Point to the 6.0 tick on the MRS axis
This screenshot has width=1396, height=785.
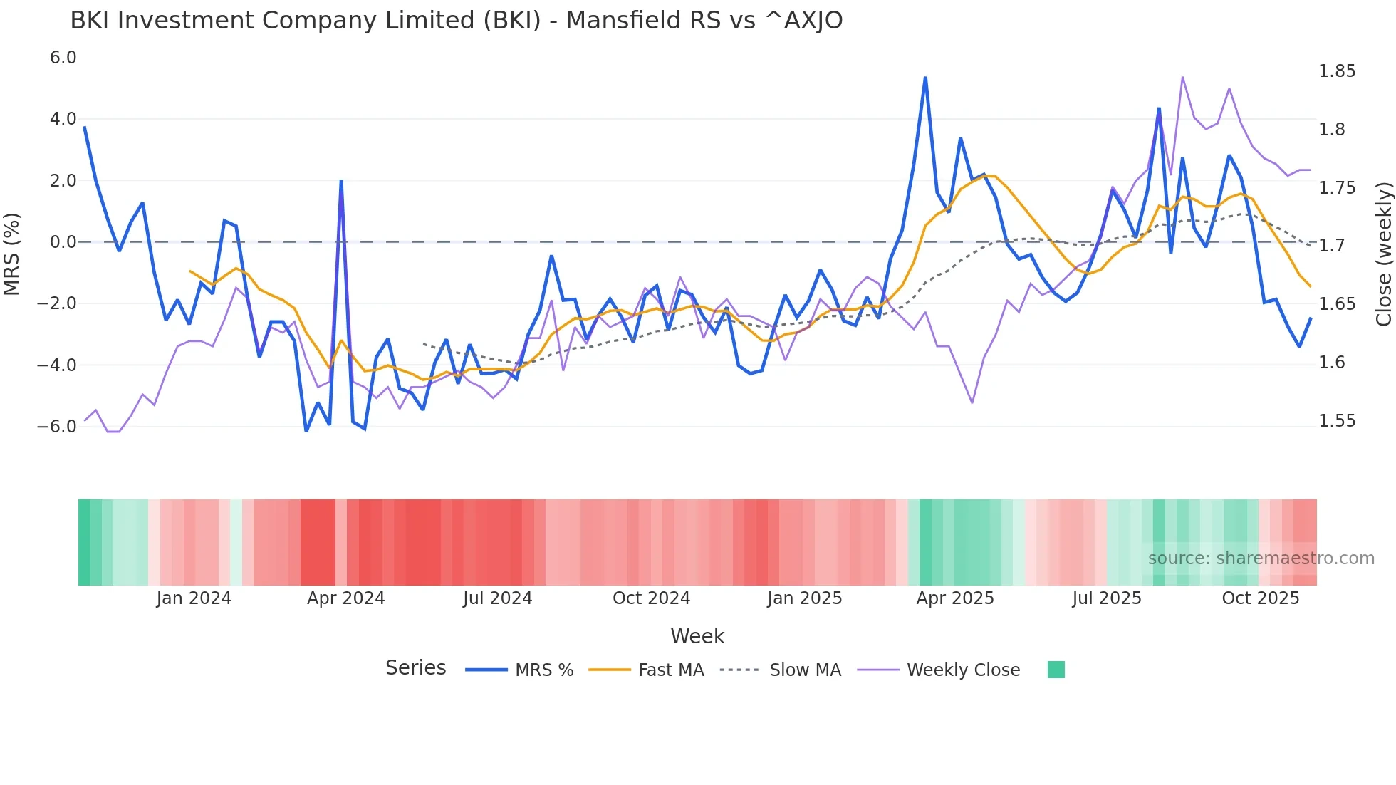coord(63,58)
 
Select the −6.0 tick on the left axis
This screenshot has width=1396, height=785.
coord(56,427)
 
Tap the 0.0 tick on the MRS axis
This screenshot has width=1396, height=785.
coord(63,242)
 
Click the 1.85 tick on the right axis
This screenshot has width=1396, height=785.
coord(1337,71)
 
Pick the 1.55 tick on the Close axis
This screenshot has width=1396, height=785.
coord(1337,421)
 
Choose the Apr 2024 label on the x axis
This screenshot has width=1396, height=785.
coord(345,598)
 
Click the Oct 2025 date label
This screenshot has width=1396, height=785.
coord(1260,598)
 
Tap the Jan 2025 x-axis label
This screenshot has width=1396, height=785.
coord(804,598)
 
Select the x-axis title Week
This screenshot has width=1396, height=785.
coord(697,636)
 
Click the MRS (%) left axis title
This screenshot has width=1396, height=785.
coord(12,254)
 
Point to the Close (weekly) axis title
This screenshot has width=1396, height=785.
coord(1383,254)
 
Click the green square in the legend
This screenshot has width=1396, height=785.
coord(1056,670)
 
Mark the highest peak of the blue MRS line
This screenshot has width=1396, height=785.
coord(925,77)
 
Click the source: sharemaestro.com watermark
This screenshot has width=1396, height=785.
coord(1261,558)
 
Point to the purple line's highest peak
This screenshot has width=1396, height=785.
coord(1182,77)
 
